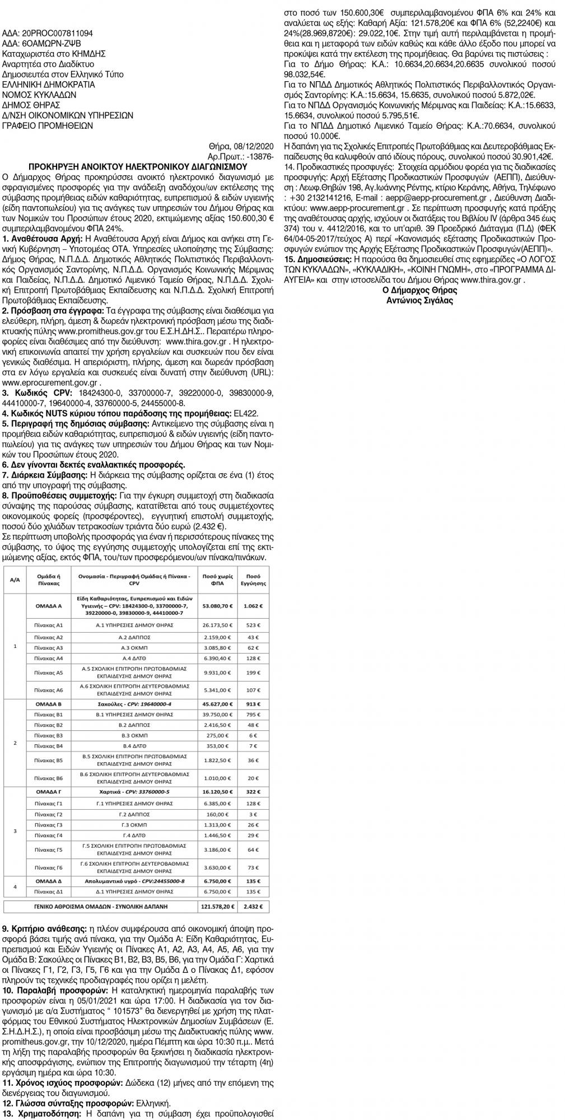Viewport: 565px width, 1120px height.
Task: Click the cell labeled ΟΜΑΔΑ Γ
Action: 49,792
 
